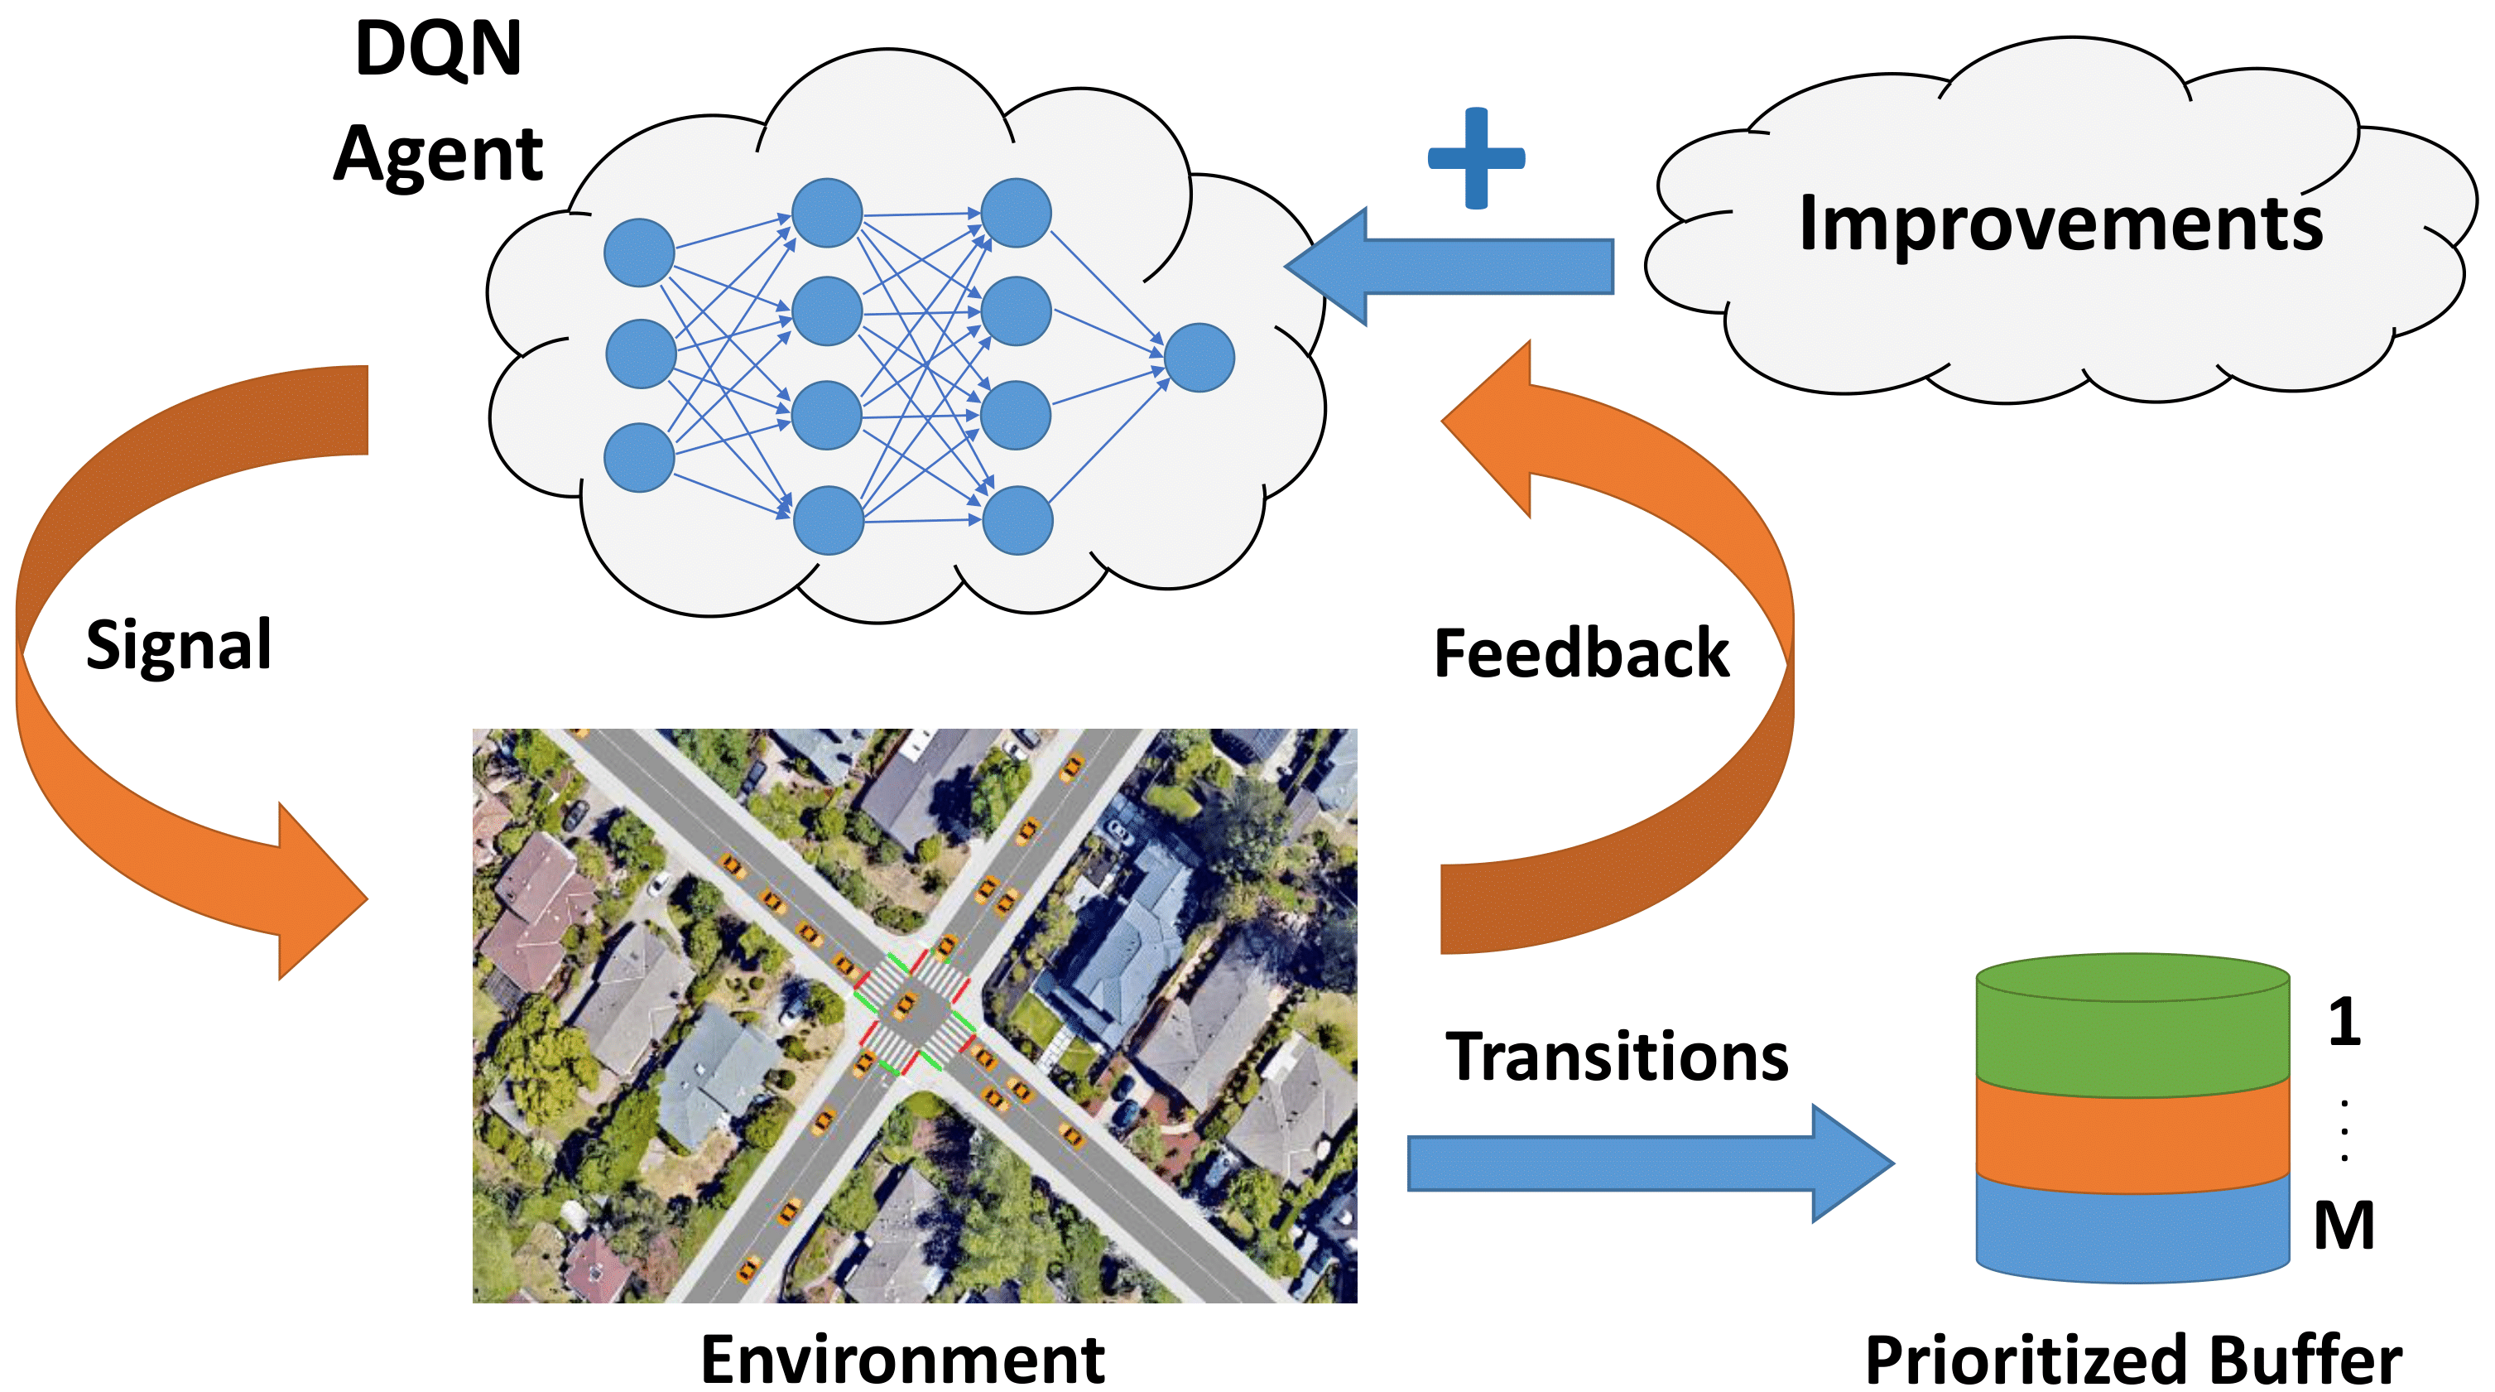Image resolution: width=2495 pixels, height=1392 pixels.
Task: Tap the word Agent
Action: [x=438, y=155]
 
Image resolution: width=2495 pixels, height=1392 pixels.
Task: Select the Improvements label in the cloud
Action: [x=2060, y=224]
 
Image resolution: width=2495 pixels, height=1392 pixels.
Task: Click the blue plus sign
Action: [x=1476, y=158]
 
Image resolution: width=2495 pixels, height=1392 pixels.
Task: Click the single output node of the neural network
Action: [x=1199, y=358]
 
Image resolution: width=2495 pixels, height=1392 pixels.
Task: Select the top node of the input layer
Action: [x=639, y=253]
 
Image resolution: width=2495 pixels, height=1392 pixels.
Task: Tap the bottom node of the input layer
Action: [x=639, y=457]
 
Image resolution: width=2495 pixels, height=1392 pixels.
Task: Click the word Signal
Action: [x=178, y=645]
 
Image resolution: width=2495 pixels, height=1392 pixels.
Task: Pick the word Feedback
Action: [x=1580, y=654]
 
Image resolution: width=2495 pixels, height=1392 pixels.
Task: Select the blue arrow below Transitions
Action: [x=1647, y=1163]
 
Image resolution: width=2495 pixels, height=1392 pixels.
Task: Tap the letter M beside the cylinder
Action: [x=2344, y=1226]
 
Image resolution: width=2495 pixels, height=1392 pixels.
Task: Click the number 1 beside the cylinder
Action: [x=2344, y=1023]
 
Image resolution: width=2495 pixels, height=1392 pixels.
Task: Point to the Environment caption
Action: [x=901, y=1360]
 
